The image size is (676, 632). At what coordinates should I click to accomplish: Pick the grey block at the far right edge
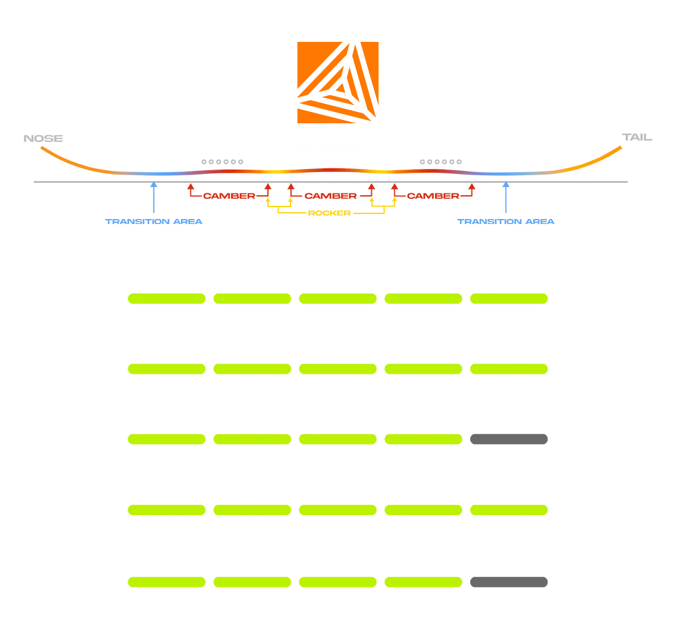click(x=636, y=137)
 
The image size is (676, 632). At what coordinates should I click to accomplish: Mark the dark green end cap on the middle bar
click(x=468, y=439)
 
